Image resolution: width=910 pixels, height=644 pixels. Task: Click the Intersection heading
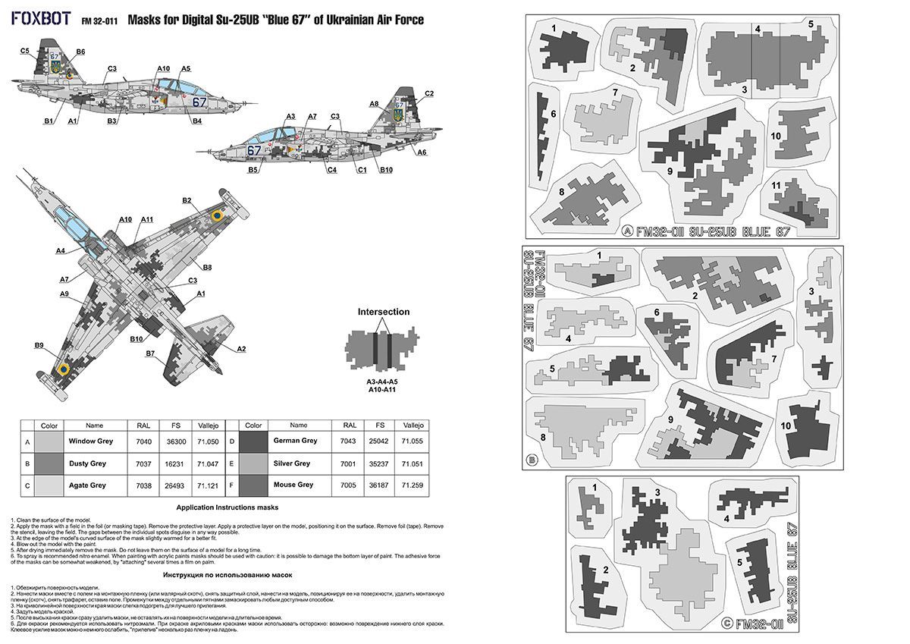[383, 312]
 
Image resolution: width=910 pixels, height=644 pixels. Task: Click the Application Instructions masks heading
[227, 507]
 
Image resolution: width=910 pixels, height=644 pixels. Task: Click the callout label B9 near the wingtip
[39, 346]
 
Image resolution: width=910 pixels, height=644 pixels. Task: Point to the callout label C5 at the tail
[24, 50]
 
